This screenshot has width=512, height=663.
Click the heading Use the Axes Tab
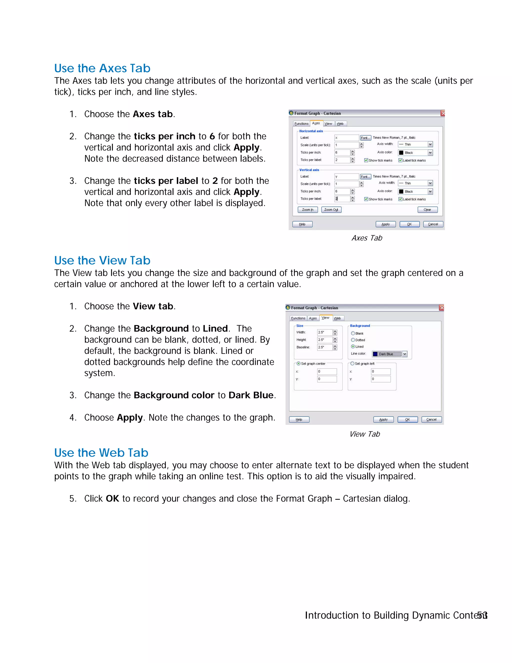102,68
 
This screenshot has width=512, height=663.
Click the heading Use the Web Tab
101,453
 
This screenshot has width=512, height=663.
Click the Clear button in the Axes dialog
427,210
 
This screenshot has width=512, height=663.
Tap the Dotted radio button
353,340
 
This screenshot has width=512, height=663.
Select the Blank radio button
353,333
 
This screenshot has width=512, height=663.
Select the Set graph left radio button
352,363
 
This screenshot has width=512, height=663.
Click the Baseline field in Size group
324,347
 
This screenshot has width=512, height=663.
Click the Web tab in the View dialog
337,318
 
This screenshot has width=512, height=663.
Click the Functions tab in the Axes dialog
301,124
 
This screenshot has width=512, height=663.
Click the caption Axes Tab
367,238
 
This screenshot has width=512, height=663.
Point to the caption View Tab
364,434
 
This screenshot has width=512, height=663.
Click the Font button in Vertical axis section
365,177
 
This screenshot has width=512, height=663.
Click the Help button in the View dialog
299,420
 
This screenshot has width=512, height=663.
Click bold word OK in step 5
112,498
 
